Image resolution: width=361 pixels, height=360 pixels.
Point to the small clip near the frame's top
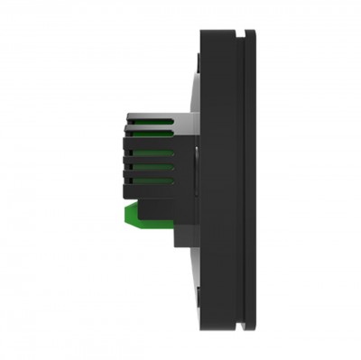(200, 50)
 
